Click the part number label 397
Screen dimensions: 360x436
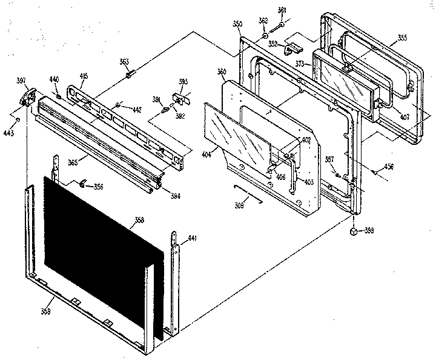(x=21, y=81)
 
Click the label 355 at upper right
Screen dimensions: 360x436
(x=401, y=38)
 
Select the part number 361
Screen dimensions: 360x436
(x=282, y=10)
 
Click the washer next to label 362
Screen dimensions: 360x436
(x=265, y=36)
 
